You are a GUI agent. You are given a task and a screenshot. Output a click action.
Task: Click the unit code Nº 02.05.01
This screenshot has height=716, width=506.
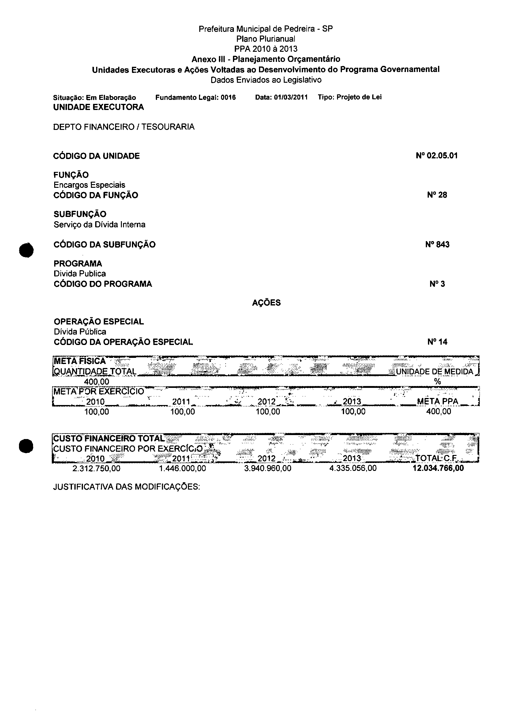click(x=437, y=156)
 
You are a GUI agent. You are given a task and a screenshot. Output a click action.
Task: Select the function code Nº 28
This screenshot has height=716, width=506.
click(x=437, y=195)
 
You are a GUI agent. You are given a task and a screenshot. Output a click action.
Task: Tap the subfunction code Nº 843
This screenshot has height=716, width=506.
click(x=437, y=244)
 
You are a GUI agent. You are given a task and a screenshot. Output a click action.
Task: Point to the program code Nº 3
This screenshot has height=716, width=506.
click(x=437, y=284)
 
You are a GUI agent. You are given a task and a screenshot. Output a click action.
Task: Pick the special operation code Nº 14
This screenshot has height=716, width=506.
click(x=437, y=342)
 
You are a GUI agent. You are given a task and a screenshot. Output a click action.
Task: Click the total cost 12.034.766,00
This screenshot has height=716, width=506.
click(x=438, y=468)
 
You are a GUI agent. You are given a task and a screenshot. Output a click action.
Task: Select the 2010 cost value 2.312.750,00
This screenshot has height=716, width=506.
click(x=96, y=468)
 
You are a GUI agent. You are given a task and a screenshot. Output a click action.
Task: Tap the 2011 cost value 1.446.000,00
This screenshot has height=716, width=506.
click(x=182, y=468)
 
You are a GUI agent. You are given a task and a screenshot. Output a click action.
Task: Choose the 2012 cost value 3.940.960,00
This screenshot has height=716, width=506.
click(x=268, y=468)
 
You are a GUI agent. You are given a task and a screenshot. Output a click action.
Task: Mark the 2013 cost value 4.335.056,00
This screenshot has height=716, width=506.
click(x=353, y=468)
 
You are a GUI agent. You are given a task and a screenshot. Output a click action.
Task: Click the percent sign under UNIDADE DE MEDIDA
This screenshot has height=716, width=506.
click(x=437, y=381)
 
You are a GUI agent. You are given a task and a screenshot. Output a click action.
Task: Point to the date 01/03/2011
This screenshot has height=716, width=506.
click(x=291, y=97)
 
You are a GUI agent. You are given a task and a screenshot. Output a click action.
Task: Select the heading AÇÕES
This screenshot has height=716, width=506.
click(x=266, y=303)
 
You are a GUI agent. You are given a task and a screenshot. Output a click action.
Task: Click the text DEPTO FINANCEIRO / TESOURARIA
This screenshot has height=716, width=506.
click(x=124, y=127)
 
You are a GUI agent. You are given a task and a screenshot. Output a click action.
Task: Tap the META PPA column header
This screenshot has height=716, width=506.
click(x=437, y=401)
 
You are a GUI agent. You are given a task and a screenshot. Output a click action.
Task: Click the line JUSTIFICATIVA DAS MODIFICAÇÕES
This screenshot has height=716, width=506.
click(x=126, y=487)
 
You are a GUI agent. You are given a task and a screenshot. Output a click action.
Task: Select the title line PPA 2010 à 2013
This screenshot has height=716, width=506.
click(x=266, y=49)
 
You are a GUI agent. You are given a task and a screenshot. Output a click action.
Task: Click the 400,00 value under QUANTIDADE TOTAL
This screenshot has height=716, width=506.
click(x=97, y=382)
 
